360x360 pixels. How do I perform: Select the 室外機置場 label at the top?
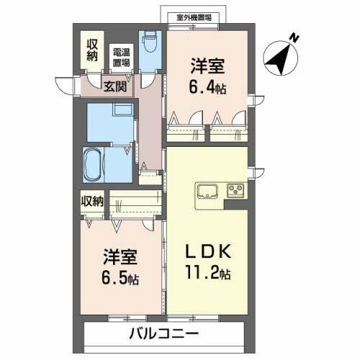(194, 18)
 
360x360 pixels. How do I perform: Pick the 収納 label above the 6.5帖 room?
(91, 201)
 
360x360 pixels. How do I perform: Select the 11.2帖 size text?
(205, 273)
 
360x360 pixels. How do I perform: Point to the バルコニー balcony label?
(164, 334)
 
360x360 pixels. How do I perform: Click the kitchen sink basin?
(208, 191)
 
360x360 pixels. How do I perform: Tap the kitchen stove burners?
(236, 191)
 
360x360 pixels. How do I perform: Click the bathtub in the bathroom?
(94, 165)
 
